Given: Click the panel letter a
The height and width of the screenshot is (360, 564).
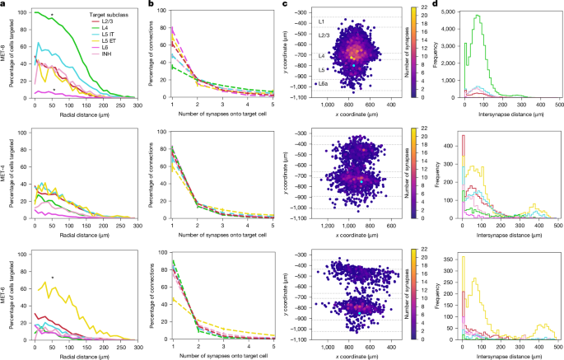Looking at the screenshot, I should (x=4, y=4).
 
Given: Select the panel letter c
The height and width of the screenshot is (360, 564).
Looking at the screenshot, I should (x=284, y=4).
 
